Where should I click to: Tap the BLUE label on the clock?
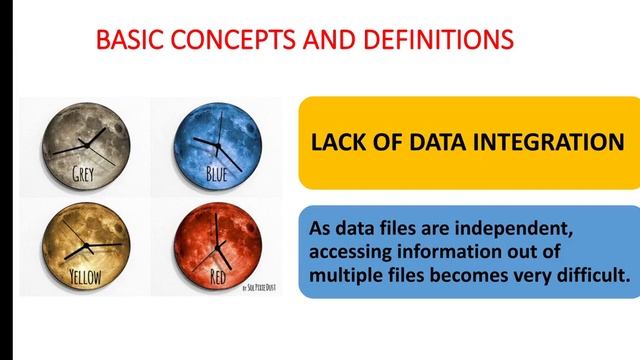(217, 175)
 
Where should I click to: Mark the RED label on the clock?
(219, 274)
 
